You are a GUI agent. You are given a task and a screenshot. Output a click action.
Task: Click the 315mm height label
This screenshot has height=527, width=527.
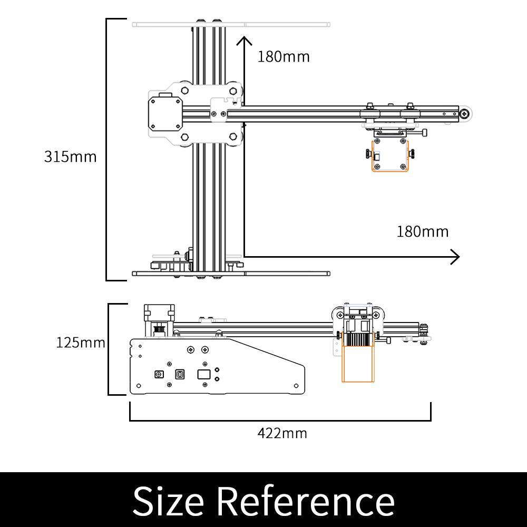tap(70, 157)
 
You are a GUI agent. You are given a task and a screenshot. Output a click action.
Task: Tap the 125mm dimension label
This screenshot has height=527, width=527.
tap(80, 343)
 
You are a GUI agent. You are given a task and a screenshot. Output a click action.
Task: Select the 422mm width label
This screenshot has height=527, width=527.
tap(282, 433)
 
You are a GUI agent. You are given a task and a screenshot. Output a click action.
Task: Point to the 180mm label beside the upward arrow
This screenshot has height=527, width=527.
tap(284, 56)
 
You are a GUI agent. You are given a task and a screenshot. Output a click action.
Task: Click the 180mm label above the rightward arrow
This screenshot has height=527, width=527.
tap(423, 231)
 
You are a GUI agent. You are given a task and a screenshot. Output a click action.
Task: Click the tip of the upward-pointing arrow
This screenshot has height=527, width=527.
tap(242, 38)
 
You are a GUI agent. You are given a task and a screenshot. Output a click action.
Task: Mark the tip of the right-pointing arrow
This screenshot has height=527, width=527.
tap(458, 257)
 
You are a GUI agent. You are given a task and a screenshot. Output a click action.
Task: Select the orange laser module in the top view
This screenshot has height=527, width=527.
tap(390, 156)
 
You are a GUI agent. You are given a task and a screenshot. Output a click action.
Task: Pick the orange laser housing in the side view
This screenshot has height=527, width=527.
tap(358, 364)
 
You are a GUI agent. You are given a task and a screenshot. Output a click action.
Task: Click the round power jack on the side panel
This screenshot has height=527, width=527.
tap(158, 374)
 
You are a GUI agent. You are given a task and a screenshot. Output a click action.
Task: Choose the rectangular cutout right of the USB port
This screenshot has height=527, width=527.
tap(203, 374)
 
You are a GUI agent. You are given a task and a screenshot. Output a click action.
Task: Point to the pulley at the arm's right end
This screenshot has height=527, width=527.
tap(465, 113)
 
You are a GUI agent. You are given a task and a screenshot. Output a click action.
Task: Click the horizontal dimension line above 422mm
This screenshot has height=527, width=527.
tap(280, 421)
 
